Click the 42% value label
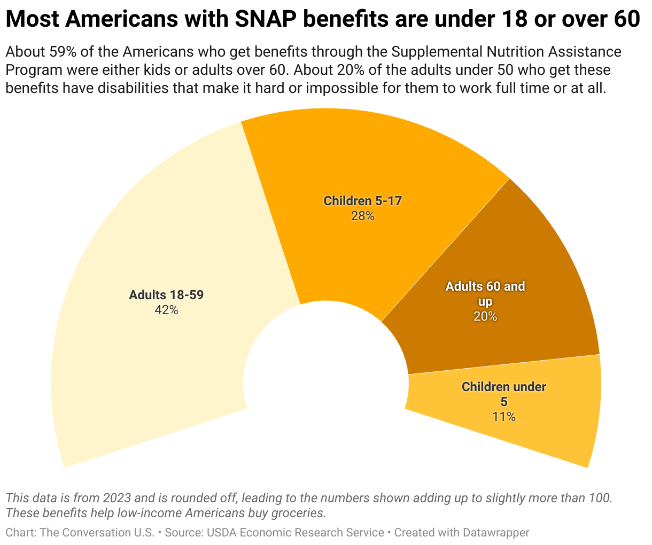click(166, 310)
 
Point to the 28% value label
click(362, 216)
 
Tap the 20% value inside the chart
click(485, 316)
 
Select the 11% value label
click(504, 417)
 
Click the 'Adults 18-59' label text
click(166, 295)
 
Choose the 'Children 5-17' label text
click(362, 201)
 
